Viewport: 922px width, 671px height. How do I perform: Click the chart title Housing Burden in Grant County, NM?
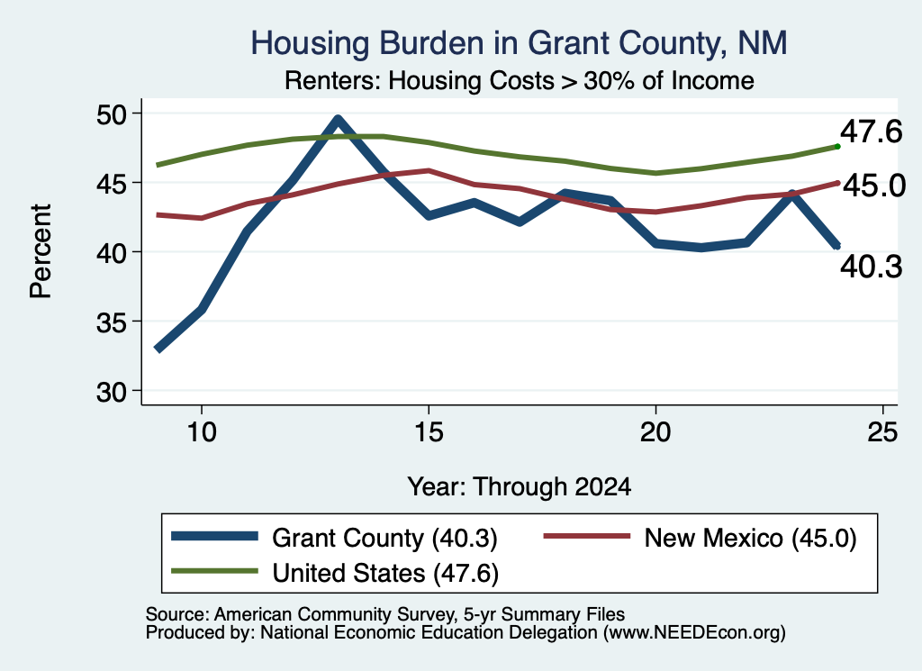519,43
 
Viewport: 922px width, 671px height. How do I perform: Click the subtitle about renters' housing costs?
520,80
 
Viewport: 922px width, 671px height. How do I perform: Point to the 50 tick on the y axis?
112,114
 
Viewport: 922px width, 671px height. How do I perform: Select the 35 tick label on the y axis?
112,322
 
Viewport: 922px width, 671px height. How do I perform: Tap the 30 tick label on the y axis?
112,392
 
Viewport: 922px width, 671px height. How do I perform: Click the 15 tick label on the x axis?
429,432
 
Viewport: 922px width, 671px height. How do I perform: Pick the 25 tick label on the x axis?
882,432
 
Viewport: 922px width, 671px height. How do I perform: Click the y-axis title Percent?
41,251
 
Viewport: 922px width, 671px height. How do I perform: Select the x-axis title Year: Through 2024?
520,487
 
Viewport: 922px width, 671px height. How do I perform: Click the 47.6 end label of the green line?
871,131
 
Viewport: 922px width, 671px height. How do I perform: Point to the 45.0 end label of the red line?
874,186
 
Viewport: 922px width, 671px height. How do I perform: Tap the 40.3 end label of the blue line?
871,267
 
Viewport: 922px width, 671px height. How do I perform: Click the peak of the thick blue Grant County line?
338,120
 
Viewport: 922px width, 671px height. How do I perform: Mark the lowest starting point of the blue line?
158,349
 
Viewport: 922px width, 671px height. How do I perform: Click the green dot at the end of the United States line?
837,147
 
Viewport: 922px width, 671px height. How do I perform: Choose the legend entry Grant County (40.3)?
334,538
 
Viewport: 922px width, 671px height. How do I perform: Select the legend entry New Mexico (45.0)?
700,538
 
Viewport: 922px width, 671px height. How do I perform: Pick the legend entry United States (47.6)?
335,572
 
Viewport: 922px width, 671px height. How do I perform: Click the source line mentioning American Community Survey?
385,614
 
